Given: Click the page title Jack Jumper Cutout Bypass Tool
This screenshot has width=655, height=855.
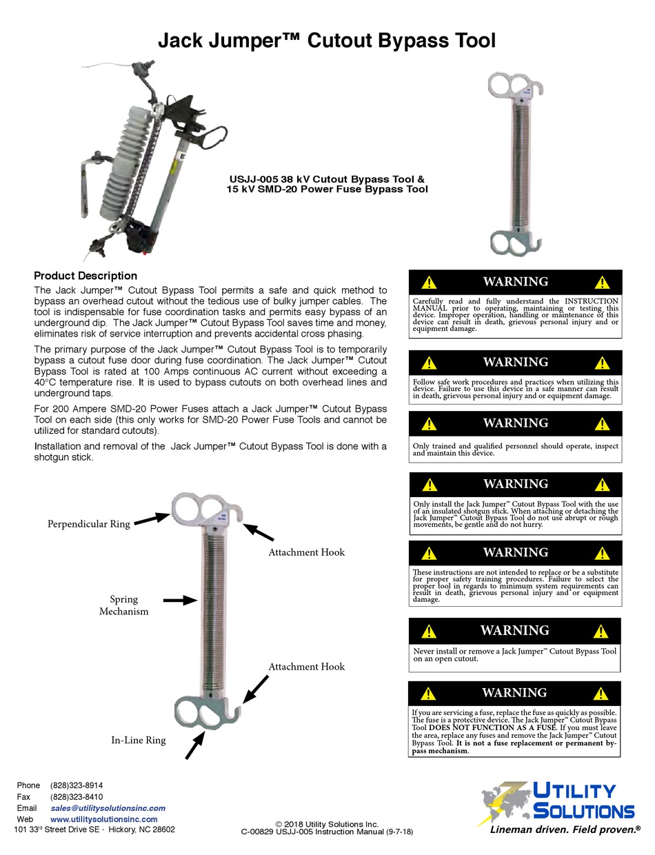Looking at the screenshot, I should (327, 41).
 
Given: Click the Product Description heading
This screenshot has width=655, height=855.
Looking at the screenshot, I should (85, 276).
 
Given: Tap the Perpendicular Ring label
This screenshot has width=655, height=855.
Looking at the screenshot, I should (88, 524).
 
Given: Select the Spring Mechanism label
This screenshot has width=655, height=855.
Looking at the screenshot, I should (124, 605).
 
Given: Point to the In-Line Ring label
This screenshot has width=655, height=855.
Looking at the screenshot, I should (139, 740).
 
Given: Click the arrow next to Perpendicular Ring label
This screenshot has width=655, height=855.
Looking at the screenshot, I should (151, 519).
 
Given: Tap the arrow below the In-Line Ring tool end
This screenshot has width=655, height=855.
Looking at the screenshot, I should (194, 745).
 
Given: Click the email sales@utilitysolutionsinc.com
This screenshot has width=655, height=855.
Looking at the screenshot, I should (108, 808).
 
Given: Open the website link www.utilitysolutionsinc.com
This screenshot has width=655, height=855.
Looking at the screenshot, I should (103, 819).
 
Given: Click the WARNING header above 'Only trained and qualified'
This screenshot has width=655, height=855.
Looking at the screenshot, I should (515, 423).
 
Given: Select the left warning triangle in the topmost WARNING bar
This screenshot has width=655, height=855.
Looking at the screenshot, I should (430, 282).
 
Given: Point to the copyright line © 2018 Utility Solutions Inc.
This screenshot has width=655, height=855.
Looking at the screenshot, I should (327, 824).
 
